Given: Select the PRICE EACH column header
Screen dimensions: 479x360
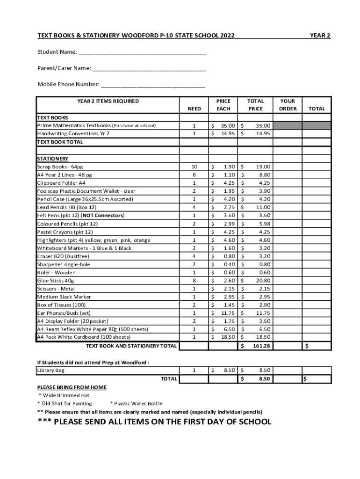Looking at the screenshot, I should click(x=223, y=105).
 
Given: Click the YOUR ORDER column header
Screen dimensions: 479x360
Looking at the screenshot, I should click(x=288, y=105).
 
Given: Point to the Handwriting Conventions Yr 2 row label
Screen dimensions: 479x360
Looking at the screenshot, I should click(x=73, y=133).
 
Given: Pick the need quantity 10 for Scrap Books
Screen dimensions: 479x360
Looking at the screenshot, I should click(x=194, y=167).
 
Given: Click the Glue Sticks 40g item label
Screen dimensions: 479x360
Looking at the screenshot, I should click(x=56, y=281).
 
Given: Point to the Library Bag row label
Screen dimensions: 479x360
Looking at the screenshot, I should click(x=51, y=370).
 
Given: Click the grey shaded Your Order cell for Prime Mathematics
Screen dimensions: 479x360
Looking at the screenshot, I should click(x=288, y=125).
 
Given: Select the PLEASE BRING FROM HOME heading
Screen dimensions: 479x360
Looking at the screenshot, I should click(x=72, y=387).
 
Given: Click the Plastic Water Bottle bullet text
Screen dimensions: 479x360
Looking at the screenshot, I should click(x=136, y=403).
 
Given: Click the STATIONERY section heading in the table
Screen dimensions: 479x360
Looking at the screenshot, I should click(x=53, y=159).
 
